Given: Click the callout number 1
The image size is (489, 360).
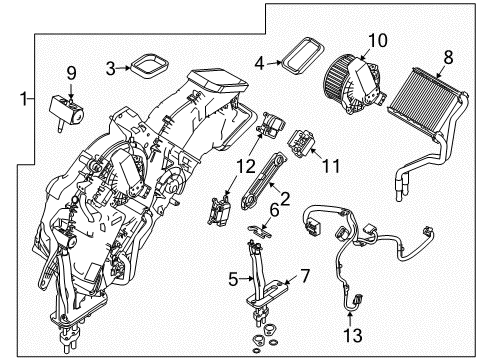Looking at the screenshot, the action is coord(24,99).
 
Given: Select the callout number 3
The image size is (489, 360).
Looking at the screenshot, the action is coord(111,68).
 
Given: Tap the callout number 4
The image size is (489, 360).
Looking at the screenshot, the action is coord(259,63).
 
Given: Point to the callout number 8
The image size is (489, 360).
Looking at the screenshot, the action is coord(448,57).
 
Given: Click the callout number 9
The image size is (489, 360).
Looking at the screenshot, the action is coord(71,73).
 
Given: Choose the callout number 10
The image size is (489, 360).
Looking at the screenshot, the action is coord(378,40).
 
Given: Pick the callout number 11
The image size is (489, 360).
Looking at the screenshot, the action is coord(331,165).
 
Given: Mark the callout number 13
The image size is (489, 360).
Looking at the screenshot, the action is coord(352,335).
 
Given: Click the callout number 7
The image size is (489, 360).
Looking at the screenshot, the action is coord(305,276).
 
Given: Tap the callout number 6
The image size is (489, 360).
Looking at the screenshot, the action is coord(274,211).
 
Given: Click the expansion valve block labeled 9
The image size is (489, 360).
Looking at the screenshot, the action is coord(67,108).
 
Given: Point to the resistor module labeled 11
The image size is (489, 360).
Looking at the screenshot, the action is coord(301,143).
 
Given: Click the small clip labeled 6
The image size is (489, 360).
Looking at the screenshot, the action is coord(259,232).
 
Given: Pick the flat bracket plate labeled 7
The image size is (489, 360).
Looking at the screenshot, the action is coord(267,293).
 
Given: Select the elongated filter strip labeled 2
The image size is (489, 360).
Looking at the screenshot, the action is coord(263,180).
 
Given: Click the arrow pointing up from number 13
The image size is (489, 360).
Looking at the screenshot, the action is coord(350,318).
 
